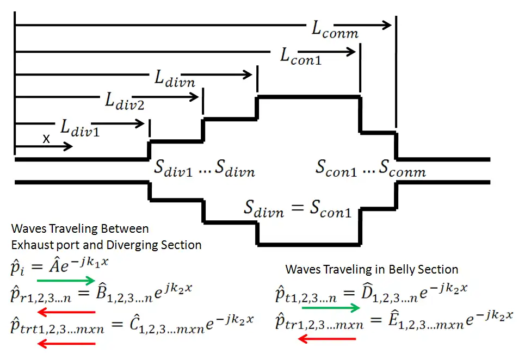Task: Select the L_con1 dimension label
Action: point(300,56)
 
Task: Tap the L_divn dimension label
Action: point(175,80)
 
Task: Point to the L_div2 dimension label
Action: point(125,102)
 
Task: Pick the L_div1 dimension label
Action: point(79,127)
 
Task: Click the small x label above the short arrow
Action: point(46,139)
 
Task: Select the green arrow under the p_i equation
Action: point(67,281)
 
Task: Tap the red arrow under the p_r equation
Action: point(67,312)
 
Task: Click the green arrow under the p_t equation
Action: point(330,308)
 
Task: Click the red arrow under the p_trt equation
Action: point(67,343)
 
